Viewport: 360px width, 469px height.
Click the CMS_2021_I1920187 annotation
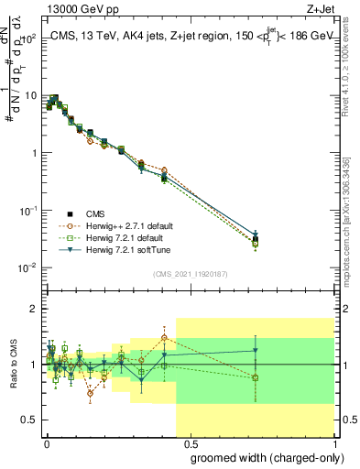tap(190, 273)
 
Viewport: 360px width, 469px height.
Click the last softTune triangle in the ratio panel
tap(256, 350)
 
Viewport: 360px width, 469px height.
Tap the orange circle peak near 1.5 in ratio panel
tap(164, 338)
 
